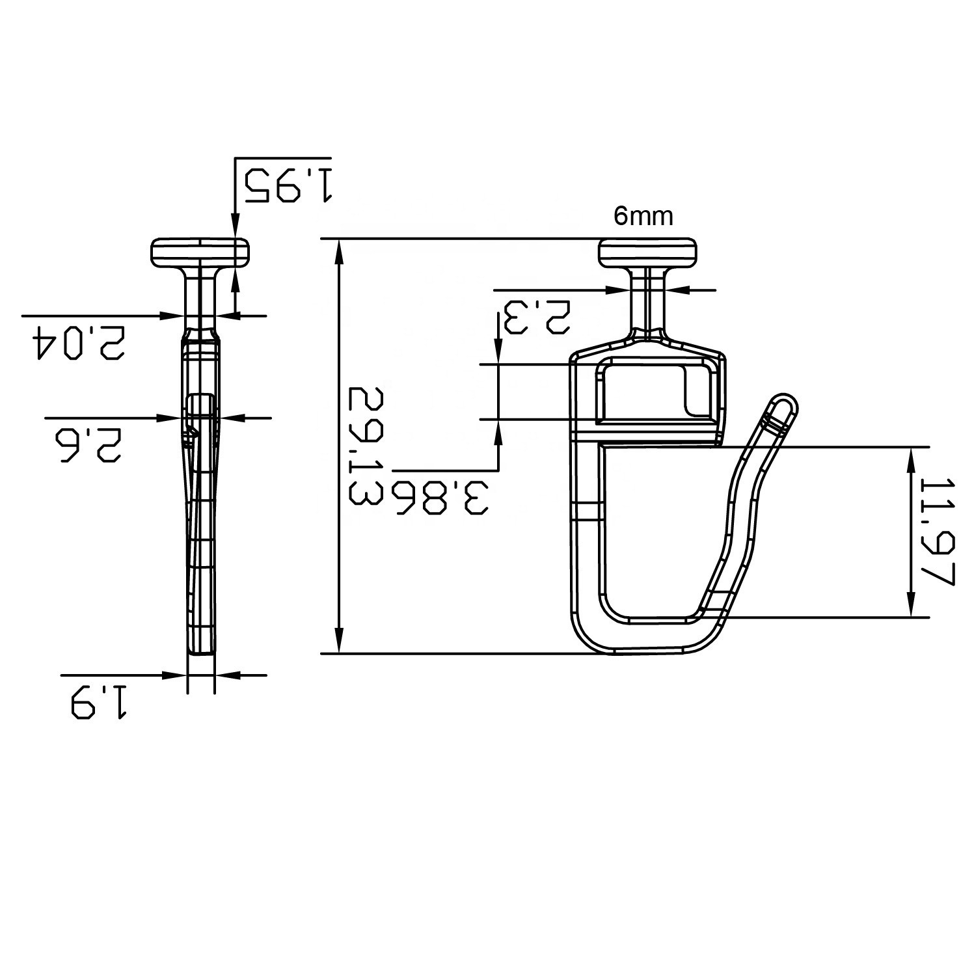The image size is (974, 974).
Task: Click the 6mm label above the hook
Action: [x=643, y=216]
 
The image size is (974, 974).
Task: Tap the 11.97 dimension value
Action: [x=938, y=532]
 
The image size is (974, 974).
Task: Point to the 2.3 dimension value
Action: [x=534, y=317]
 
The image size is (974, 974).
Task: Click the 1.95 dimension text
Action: [x=288, y=185]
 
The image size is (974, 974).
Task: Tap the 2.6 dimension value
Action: [x=83, y=445]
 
